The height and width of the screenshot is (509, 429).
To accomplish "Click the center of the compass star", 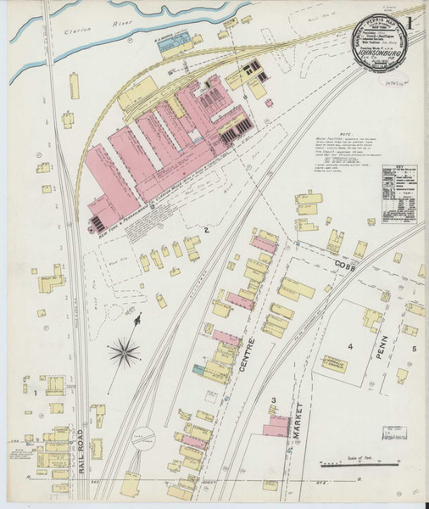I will [125, 349].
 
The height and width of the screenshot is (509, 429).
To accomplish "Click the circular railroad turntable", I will [148, 438].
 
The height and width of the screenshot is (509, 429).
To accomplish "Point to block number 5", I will [414, 349].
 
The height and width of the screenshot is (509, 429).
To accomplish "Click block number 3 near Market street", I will [273, 399].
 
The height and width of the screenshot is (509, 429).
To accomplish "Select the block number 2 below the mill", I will [205, 229].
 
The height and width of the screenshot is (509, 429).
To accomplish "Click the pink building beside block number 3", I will [275, 424].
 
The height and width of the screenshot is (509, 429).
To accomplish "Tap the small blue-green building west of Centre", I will [198, 369].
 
